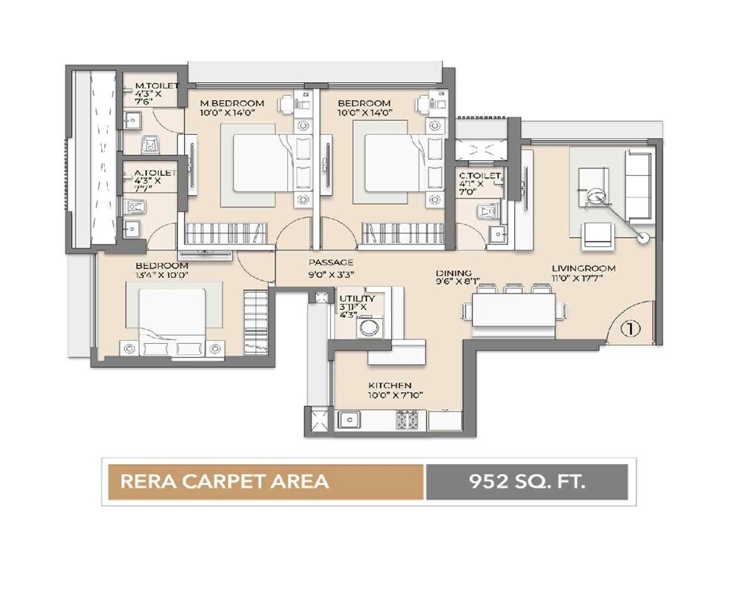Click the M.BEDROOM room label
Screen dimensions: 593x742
point(232,102)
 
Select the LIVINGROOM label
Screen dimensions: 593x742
point(583,268)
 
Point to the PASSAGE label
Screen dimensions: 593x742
point(331,262)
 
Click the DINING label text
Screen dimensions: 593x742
point(453,273)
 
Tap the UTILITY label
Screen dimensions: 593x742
point(357,299)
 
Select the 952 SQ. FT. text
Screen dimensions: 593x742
point(527,482)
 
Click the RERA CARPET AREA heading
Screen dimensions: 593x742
point(225,482)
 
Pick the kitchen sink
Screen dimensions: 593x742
point(349,420)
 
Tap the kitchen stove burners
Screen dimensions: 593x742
point(407,420)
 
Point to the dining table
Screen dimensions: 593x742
point(513,310)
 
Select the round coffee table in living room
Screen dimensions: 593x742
point(595,197)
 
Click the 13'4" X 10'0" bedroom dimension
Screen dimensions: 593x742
point(161,275)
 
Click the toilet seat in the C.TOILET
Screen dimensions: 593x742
point(487,212)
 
